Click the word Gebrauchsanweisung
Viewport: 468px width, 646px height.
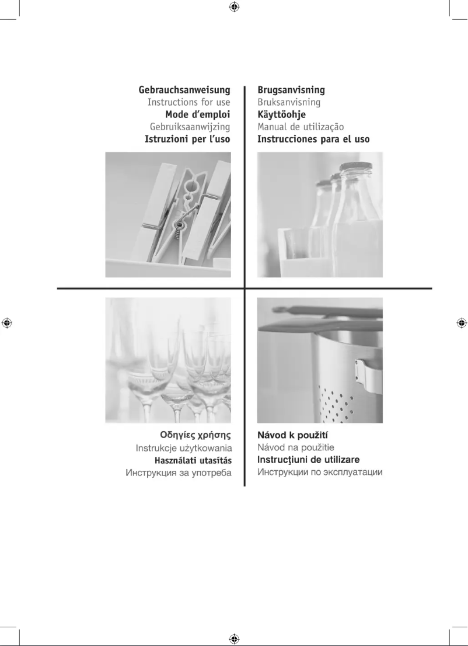pos(184,91)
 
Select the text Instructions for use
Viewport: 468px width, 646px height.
pos(188,103)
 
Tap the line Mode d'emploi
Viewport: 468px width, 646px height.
pos(197,114)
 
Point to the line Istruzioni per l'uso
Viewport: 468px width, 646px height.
pos(187,139)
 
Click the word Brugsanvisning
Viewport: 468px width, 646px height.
pos(291,91)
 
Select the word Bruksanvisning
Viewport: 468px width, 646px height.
pos(289,103)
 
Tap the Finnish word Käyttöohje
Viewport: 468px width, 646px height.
pos(281,114)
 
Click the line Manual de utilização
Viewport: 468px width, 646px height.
pos(301,127)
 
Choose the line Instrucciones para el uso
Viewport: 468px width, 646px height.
pos(313,139)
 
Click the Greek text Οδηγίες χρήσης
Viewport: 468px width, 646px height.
pos(195,436)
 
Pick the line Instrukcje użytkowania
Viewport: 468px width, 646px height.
pos(184,448)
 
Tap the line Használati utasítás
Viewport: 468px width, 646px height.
pos(193,460)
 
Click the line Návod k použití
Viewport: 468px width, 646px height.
pos(296,436)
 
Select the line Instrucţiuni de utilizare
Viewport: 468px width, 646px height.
pos(308,460)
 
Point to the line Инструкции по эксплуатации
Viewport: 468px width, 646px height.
pos(320,472)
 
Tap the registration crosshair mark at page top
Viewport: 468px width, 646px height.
pos(233,7)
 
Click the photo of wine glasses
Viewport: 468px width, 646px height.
pos(168,360)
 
